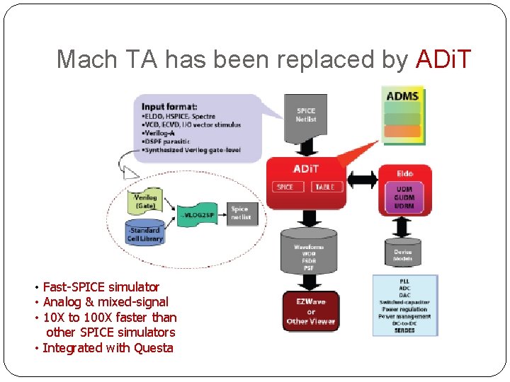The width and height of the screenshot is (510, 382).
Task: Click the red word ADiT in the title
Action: (x=443, y=59)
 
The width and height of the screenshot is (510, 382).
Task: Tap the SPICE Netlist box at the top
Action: (x=306, y=115)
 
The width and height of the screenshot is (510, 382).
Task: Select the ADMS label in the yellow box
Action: (x=403, y=96)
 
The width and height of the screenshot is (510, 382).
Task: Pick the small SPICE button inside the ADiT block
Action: (x=285, y=187)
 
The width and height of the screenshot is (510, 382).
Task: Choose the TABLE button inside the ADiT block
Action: (x=325, y=187)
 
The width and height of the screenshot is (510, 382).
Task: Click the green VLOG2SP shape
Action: (x=200, y=214)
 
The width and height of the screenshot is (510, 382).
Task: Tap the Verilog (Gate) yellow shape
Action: (x=145, y=200)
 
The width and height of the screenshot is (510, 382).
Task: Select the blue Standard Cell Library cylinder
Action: (x=145, y=234)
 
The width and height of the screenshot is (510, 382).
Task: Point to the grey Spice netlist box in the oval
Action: (x=240, y=213)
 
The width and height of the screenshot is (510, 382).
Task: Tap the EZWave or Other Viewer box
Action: (x=311, y=311)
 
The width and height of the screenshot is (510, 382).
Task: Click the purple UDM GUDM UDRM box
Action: (x=405, y=197)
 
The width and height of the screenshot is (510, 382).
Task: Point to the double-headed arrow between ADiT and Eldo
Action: (x=361, y=175)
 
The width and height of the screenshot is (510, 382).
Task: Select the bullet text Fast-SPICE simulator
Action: (x=101, y=287)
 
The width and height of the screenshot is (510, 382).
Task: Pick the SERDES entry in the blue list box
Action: (x=405, y=330)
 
